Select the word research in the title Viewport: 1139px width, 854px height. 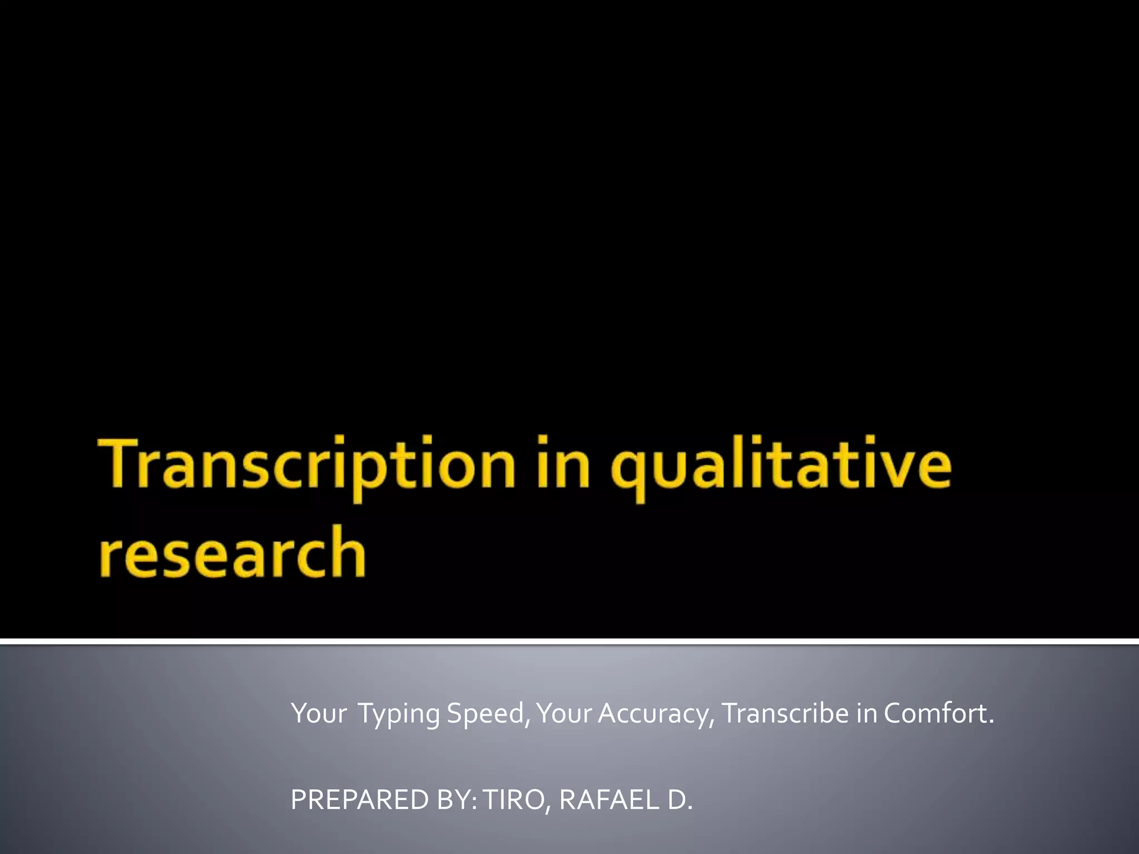click(x=232, y=553)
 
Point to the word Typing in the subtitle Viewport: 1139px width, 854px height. click(x=398, y=714)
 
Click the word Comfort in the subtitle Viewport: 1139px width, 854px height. click(x=935, y=713)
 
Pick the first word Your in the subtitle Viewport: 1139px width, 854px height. click(x=318, y=713)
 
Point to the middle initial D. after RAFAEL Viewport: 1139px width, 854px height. click(x=680, y=800)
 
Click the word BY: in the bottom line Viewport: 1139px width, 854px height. click(x=457, y=800)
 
